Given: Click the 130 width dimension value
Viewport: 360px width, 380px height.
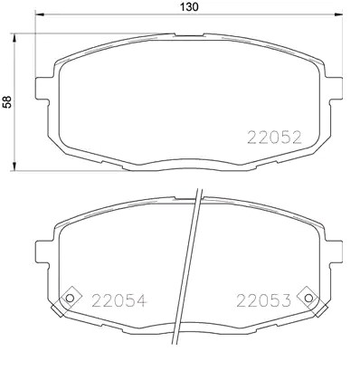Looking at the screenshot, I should pyautogui.click(x=189, y=7).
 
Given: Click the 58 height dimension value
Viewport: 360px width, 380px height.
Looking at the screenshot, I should pyautogui.click(x=9, y=102).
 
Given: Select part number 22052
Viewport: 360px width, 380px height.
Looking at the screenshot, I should pyautogui.click(x=274, y=138).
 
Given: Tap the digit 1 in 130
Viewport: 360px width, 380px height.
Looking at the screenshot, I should pyautogui.click(x=179, y=7).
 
